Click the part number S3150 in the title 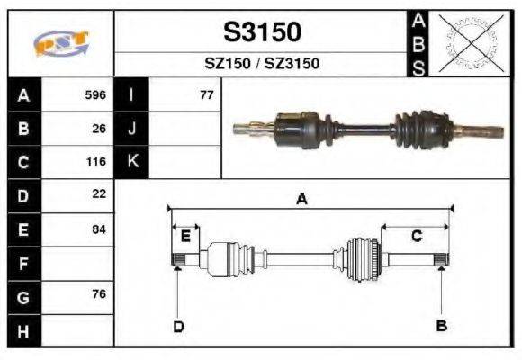262,32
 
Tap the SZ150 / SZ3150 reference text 262,64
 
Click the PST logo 61,44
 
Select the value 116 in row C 95,163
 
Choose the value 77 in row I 206,94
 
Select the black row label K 132,162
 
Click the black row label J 132,129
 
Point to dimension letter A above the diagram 302,200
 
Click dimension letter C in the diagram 417,237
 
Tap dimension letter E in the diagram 185,237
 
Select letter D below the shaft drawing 178,326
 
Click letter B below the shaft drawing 441,326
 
